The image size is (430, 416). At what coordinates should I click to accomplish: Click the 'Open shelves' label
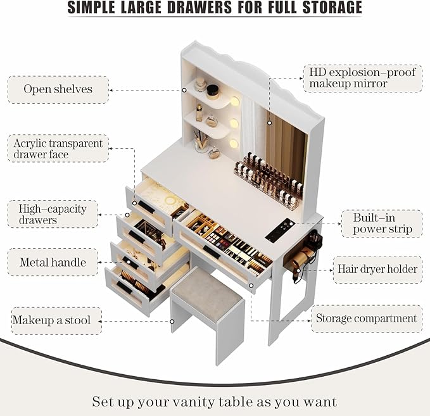tap(58, 89)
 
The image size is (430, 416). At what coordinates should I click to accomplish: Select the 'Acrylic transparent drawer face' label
tap(58, 149)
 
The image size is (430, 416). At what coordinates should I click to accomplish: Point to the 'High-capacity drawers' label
tap(53, 214)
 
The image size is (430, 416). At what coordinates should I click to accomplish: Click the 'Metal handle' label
tap(53, 262)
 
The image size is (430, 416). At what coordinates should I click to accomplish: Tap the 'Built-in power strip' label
tap(382, 224)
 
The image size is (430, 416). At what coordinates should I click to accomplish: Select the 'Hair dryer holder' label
tap(377, 269)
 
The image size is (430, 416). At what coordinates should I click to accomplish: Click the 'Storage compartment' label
tap(367, 318)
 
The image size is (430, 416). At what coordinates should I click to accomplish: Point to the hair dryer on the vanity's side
tap(303, 255)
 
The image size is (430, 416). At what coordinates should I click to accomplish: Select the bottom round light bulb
tap(234, 145)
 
